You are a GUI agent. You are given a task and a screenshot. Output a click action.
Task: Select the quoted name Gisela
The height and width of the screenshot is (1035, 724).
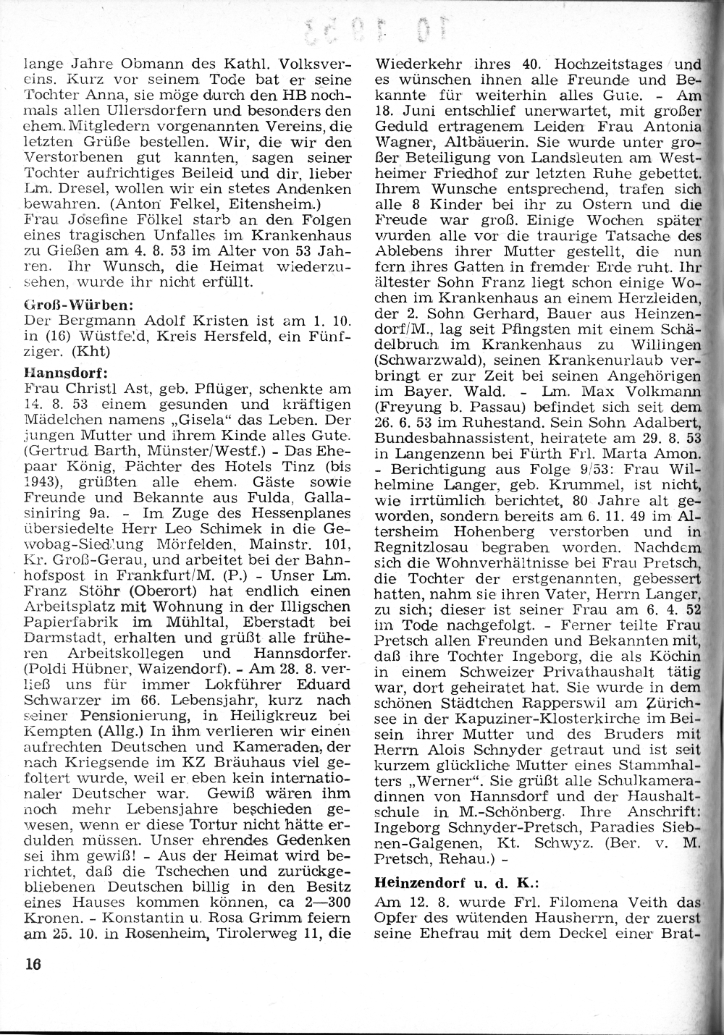point(214,421)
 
